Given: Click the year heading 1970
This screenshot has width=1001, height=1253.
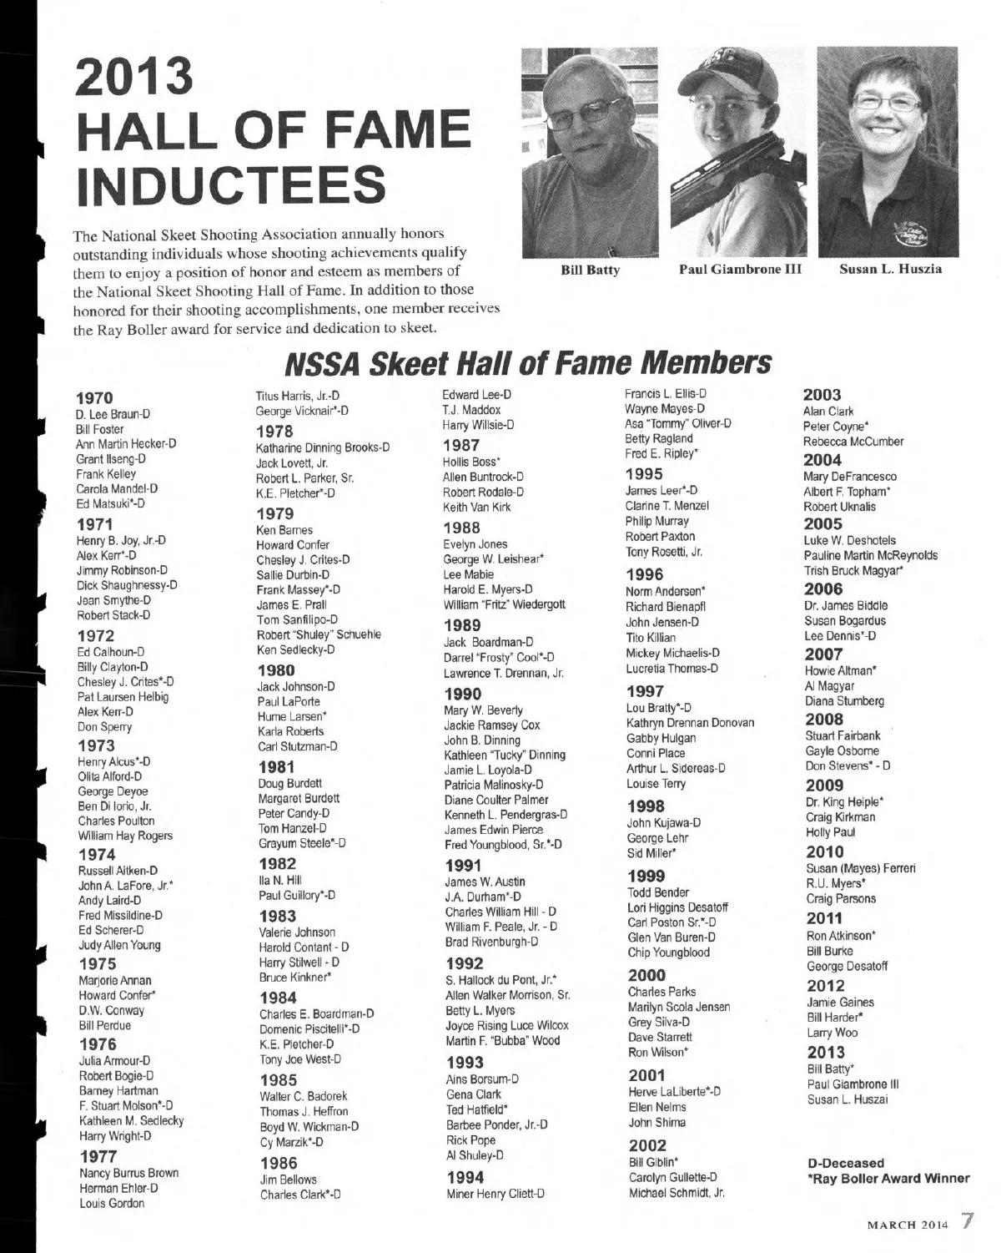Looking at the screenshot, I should click(x=94, y=397).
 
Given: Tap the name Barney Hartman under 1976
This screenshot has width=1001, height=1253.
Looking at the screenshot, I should click(x=118, y=1091).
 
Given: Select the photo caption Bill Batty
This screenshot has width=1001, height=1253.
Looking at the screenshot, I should click(x=590, y=270).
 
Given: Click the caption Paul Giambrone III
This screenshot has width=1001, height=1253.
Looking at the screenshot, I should click(x=740, y=269).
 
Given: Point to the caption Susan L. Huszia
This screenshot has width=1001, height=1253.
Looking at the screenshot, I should click(x=890, y=269).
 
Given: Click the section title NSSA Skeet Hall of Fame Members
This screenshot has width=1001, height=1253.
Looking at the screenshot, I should click(x=527, y=363).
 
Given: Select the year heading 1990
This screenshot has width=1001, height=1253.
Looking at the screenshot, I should click(x=462, y=694).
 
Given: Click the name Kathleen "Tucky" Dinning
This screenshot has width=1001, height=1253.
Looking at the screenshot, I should click(x=505, y=755).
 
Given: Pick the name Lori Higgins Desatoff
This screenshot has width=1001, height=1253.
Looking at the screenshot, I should click(x=677, y=907).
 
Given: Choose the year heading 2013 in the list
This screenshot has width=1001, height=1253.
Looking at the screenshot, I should click(x=826, y=1052).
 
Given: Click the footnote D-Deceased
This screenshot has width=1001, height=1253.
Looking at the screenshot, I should click(x=846, y=1163).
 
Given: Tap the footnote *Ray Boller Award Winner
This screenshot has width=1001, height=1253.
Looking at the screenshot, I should click(x=888, y=1179).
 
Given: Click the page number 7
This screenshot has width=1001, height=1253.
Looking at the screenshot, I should click(x=966, y=1221).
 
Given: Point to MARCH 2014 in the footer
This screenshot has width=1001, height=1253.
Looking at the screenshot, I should click(x=908, y=1225).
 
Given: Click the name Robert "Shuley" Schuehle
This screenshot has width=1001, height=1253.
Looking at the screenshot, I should click(x=319, y=634).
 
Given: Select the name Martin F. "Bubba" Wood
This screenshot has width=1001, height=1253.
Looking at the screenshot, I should click(x=502, y=1040).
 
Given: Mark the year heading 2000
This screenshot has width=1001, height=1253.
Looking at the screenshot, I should click(x=646, y=975).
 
